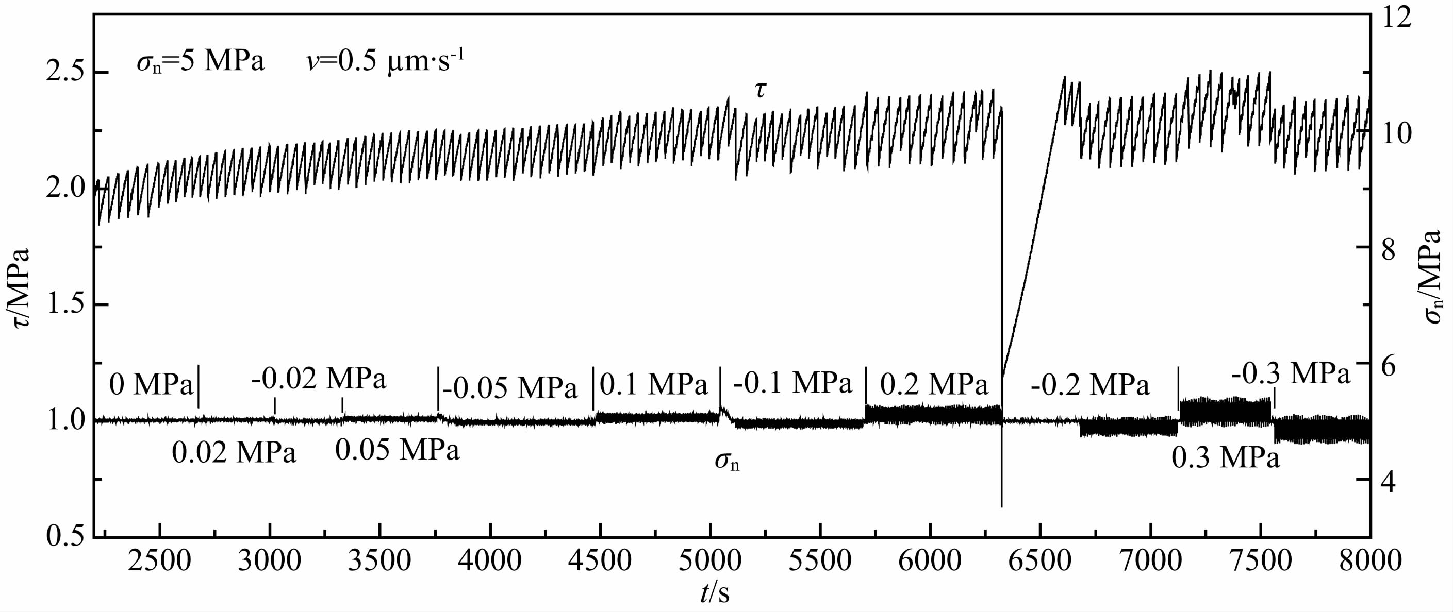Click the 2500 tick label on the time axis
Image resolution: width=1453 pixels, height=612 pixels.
[160, 562]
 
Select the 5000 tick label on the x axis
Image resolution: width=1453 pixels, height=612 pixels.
[710, 562]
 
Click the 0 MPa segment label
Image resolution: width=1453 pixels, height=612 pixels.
[151, 385]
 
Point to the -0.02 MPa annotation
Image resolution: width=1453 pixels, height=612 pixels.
[319, 379]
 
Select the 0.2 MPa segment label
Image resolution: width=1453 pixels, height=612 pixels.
[934, 385]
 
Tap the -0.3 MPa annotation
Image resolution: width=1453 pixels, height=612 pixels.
[1291, 373]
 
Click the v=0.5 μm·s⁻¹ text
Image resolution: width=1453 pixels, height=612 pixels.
[386, 61]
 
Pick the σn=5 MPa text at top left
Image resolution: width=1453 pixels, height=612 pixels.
[200, 61]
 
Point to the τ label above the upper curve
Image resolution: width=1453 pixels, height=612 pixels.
[761, 89]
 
